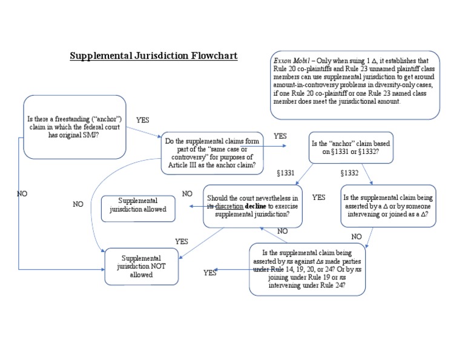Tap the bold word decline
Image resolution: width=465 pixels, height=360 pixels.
pyautogui.click(x=255, y=206)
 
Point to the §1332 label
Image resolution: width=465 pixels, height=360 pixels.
pyautogui.click(x=349, y=173)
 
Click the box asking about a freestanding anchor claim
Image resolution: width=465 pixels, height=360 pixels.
pyautogui.click(x=74, y=127)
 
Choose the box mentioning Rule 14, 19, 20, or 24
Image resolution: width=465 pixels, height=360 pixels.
pyautogui.click(x=307, y=268)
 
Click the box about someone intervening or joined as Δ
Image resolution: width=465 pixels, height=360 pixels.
pyautogui.click(x=387, y=206)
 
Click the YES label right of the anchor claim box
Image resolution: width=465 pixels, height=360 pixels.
pyautogui.click(x=143, y=120)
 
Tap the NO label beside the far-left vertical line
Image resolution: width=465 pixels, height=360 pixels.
pyautogui.click(x=22, y=193)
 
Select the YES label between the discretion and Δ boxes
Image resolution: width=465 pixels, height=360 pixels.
pyautogui.click(x=318, y=198)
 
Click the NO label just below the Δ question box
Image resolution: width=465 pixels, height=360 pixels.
pyautogui.click(x=357, y=236)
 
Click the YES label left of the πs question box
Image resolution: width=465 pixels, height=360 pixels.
pyautogui.click(x=210, y=273)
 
